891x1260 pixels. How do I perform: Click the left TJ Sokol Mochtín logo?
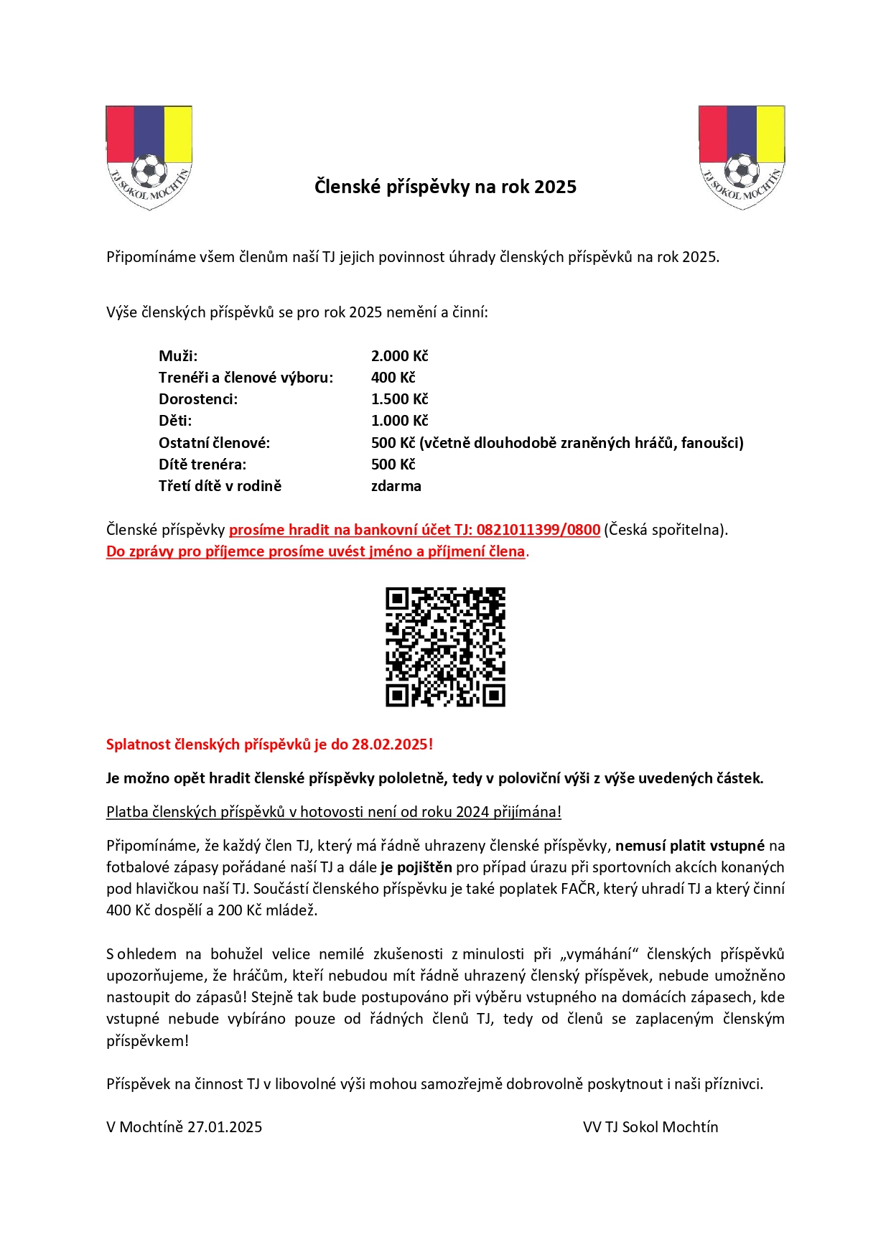point(149,158)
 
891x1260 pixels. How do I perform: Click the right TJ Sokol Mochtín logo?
point(742,158)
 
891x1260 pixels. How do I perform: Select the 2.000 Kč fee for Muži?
point(399,356)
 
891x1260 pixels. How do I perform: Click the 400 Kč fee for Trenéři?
point(393,378)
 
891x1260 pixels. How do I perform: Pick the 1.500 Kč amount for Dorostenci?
point(399,399)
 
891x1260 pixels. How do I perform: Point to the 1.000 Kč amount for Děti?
point(399,421)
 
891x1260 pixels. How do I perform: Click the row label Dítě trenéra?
point(202,465)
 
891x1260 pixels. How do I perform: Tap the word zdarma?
point(396,486)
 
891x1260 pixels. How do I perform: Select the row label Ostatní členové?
point(214,443)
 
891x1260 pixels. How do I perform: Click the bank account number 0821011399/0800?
point(538,530)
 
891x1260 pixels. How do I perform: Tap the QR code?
point(445,647)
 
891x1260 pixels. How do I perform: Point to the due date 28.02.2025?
point(392,745)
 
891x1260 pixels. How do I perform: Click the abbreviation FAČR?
point(578,889)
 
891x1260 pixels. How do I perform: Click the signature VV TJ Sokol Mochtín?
point(650,1127)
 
